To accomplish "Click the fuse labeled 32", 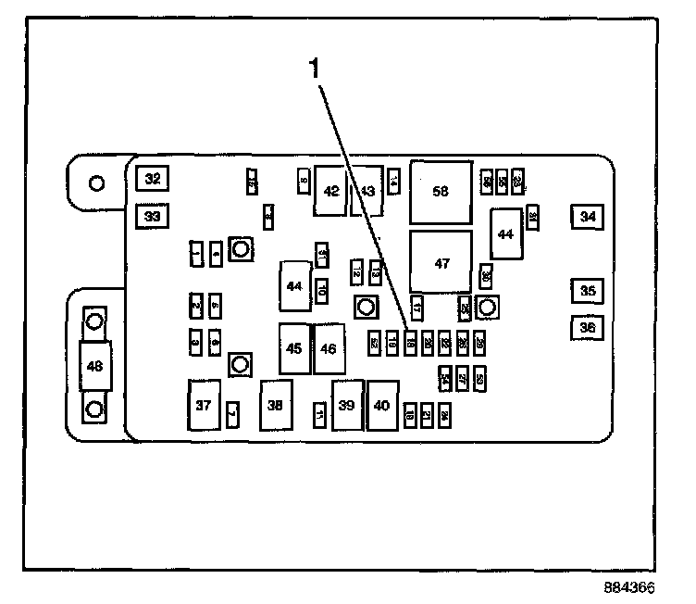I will tap(152, 179).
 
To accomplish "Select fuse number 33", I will tap(152, 217).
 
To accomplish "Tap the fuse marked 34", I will tap(587, 217).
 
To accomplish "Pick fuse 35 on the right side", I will tap(587, 291).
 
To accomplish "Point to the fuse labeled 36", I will tap(587, 327).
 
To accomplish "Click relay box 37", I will tap(203, 405).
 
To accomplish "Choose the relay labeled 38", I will tap(276, 405).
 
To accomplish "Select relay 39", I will tap(347, 405).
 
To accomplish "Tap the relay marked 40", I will tap(381, 405).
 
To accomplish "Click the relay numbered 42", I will tap(331, 190).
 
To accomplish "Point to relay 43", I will tap(367, 190).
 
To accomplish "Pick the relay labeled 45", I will tap(294, 348).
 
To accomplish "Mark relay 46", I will tap(329, 348).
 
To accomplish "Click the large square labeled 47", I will tap(441, 263).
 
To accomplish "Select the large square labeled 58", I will tap(441, 192).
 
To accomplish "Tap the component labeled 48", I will tap(93, 366).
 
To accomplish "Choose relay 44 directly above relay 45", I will tap(294, 286).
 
